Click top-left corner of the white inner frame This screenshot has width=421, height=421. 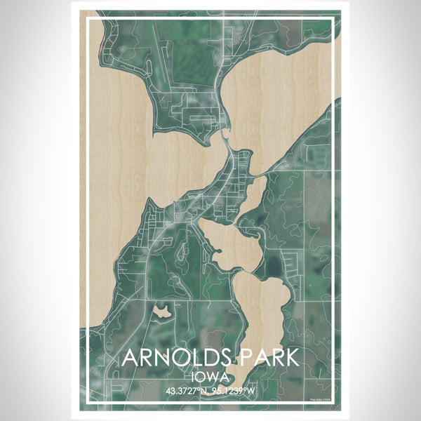(x=88, y=20)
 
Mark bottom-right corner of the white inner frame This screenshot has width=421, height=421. (x=333, y=403)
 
